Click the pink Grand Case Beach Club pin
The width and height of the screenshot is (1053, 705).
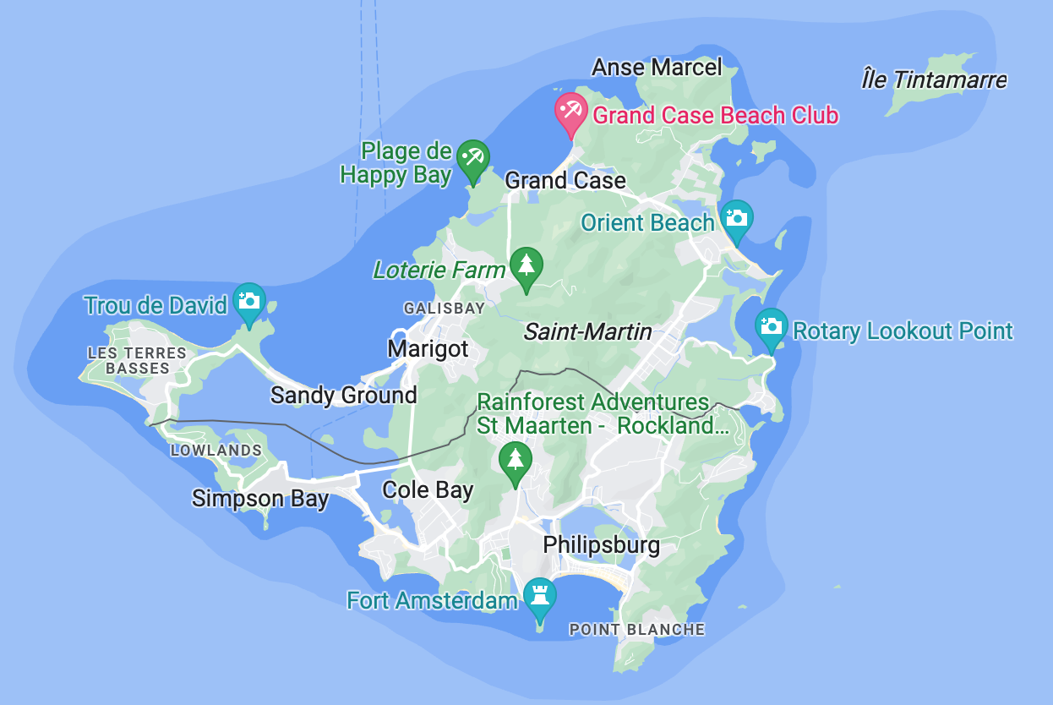point(570,112)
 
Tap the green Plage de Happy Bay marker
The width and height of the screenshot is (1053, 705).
point(472,158)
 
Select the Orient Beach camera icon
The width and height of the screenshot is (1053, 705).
point(736,219)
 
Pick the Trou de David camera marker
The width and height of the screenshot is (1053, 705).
point(248,302)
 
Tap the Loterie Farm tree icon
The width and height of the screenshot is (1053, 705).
point(526,266)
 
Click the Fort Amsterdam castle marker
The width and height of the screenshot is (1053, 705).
point(540,595)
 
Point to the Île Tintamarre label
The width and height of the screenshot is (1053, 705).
point(934,80)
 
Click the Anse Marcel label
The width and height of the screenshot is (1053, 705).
point(657,68)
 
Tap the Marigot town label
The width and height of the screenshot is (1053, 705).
point(428,348)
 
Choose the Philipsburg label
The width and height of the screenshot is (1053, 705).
point(601,544)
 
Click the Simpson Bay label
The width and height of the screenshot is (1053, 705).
point(259,498)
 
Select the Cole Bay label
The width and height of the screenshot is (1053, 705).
point(428,489)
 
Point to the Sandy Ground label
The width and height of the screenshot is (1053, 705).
point(343,395)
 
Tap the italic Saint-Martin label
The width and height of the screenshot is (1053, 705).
point(587,331)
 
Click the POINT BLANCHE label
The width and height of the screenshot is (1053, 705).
point(636,629)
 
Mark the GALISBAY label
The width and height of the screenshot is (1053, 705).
point(445,309)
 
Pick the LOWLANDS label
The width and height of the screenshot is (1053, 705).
point(216,451)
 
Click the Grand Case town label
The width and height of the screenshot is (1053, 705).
point(565,180)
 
